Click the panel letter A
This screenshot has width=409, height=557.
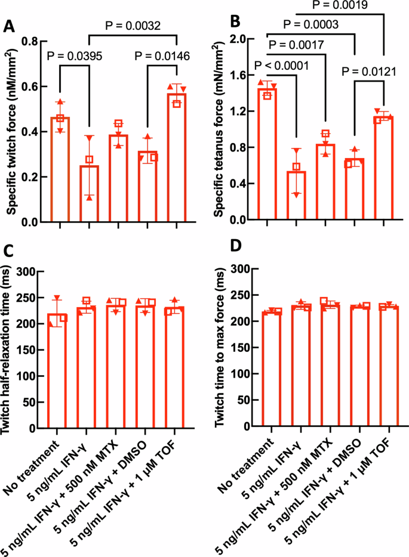10,26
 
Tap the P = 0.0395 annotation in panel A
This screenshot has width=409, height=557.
75,57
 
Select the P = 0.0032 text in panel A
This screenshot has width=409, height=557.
133,26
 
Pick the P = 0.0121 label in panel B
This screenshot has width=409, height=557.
369,72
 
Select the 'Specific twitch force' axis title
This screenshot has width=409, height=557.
11,131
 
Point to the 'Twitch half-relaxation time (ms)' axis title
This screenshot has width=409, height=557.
11,349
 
